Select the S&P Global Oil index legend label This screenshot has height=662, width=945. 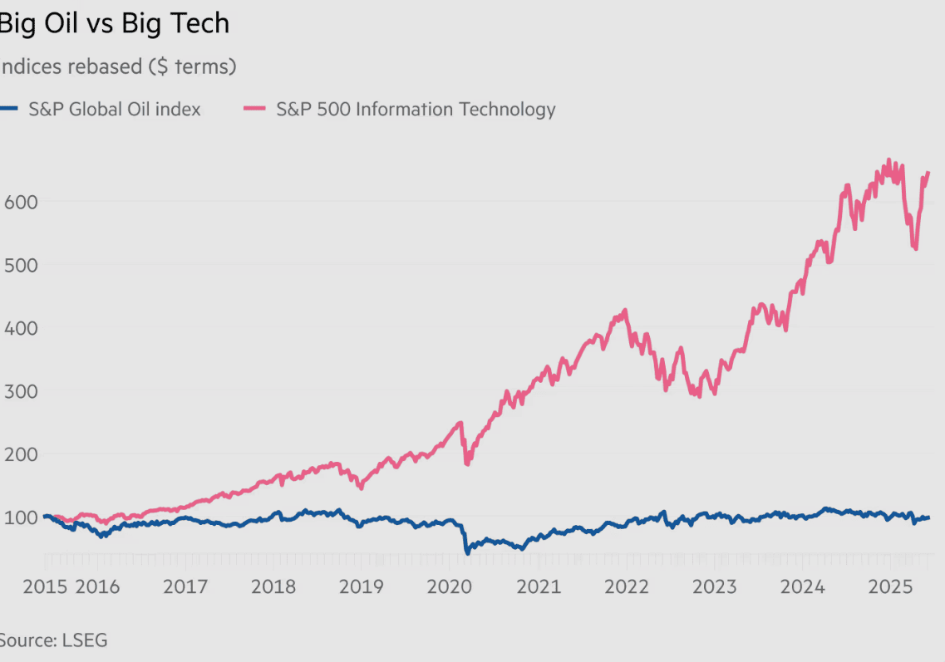[x=115, y=109]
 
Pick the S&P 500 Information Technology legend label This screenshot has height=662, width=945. [x=416, y=109]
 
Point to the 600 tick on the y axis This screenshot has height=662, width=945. [x=21, y=201]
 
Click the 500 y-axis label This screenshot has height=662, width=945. [x=21, y=264]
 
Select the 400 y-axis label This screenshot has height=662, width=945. [x=21, y=327]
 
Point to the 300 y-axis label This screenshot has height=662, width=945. [x=21, y=390]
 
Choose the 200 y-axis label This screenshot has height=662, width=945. [x=21, y=454]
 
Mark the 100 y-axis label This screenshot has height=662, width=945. [x=21, y=517]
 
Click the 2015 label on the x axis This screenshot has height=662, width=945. [x=45, y=586]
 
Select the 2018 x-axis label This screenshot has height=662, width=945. [x=273, y=586]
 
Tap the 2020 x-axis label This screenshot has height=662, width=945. [x=450, y=586]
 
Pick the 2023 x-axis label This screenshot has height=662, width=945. [x=714, y=586]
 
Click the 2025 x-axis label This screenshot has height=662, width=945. [x=890, y=586]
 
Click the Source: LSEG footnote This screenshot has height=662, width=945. [x=53, y=640]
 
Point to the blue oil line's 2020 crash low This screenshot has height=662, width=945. [x=467, y=551]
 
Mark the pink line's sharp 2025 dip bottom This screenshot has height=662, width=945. [x=915, y=248]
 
